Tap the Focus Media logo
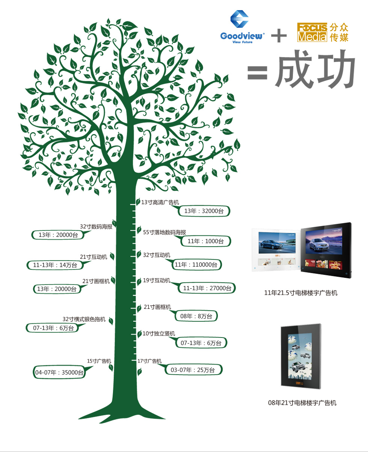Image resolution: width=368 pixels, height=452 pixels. pos(323,32)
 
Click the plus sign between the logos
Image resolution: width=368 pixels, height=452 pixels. pos(279,36)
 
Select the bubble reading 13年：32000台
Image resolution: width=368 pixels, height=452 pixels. pos(204,211)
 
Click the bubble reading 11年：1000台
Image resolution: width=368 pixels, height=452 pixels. pos(205,241)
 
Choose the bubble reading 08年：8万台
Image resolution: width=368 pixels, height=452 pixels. pos(196,316)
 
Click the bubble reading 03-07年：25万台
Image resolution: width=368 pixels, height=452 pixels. pos(193,370)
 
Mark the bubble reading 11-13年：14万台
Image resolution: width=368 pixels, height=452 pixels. pos(55,265)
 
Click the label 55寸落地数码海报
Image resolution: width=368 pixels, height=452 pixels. pos(164,232)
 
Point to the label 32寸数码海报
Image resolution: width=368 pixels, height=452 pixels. pos(96,226)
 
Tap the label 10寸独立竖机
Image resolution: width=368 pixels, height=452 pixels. pos(159,333)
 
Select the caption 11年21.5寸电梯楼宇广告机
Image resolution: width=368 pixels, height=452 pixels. pos(301,293)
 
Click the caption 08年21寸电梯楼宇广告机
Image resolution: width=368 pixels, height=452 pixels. pos(302,403)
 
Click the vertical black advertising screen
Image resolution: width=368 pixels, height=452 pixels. pos(300,357)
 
